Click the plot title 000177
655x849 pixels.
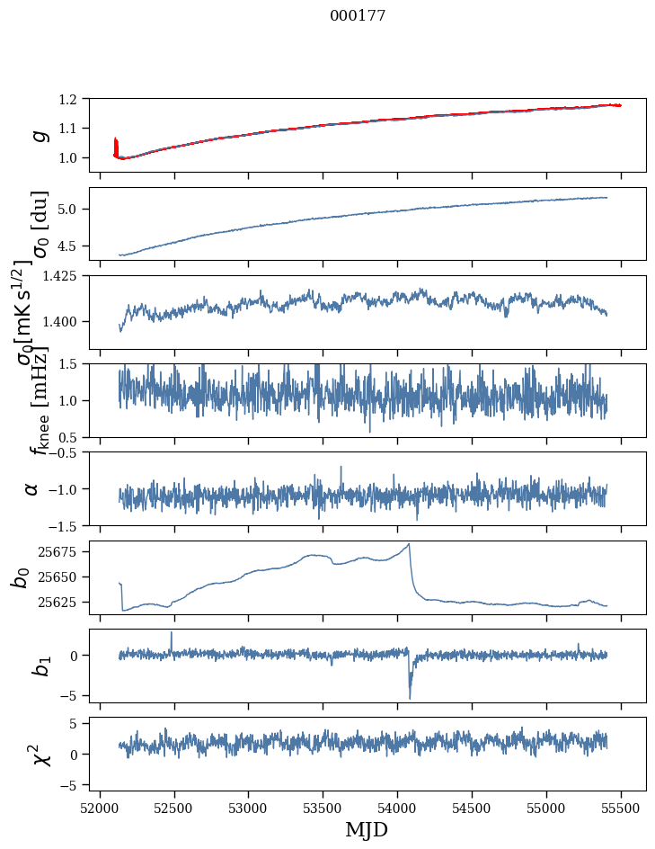pyautogui.click(x=358, y=15)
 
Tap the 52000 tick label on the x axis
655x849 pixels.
pyautogui.click(x=100, y=807)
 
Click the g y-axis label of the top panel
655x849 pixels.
pyautogui.click(x=38, y=134)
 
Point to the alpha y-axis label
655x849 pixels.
pyautogui.click(x=31, y=488)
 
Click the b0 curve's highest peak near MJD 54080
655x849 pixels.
pyautogui.click(x=409, y=544)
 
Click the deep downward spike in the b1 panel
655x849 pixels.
pyautogui.click(x=410, y=697)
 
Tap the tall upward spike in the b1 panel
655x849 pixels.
pyautogui.click(x=172, y=633)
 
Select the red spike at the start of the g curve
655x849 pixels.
pyautogui.click(x=116, y=144)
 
